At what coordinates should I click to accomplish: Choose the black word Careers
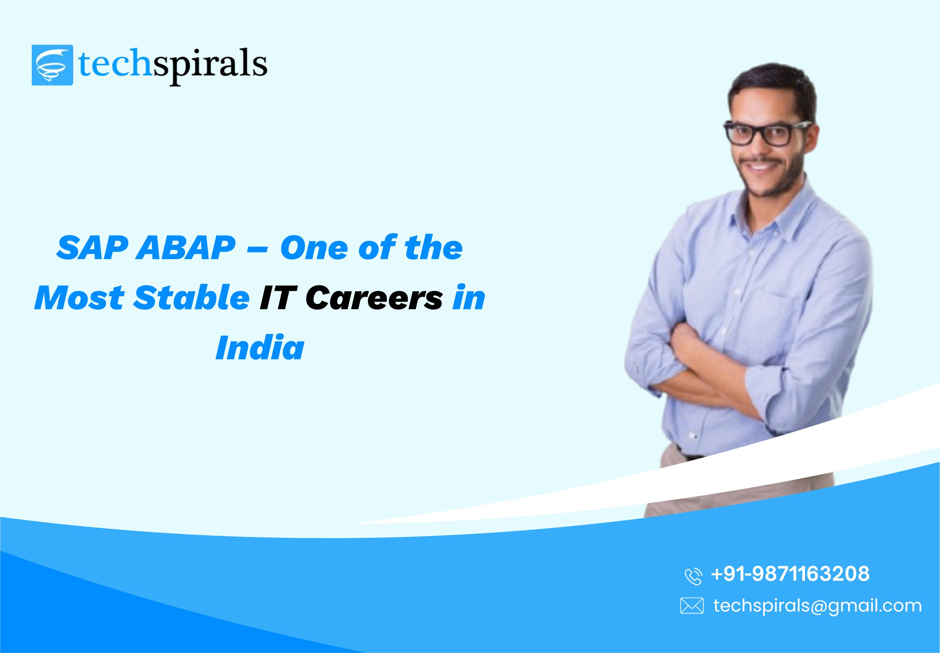(x=374, y=298)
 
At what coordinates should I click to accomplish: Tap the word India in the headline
(x=260, y=348)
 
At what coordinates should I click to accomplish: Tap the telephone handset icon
(x=693, y=576)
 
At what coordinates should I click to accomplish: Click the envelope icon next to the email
(x=692, y=606)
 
